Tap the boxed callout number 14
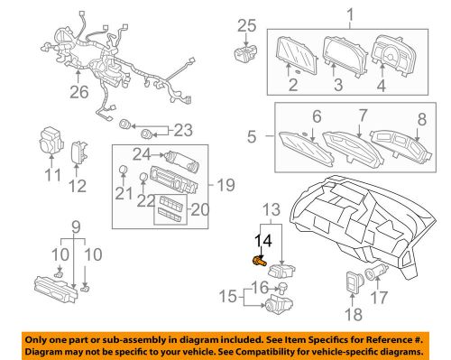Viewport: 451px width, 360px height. pos(262,241)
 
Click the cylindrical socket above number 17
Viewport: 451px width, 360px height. pos(377,273)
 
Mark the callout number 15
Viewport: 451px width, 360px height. pos(229,295)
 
